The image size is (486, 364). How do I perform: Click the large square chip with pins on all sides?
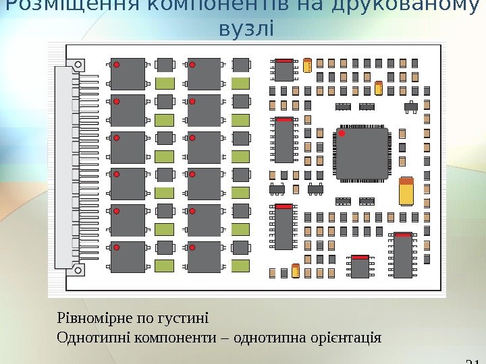click(x=363, y=155)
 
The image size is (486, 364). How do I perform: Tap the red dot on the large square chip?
click(x=342, y=135)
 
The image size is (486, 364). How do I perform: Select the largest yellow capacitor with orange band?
click(x=406, y=191)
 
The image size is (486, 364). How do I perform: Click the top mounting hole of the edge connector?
click(x=80, y=64)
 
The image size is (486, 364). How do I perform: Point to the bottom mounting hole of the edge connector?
click(x=80, y=270)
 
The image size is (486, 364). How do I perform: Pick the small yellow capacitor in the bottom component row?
click(x=296, y=271)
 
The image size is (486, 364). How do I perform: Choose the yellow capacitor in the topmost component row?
click(x=308, y=65)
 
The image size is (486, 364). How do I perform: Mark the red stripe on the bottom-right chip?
click(x=403, y=235)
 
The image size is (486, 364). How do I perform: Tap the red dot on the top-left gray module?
click(x=116, y=65)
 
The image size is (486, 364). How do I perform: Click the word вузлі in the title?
click(x=247, y=30)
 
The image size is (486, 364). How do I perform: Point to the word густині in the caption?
click(x=184, y=317)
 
